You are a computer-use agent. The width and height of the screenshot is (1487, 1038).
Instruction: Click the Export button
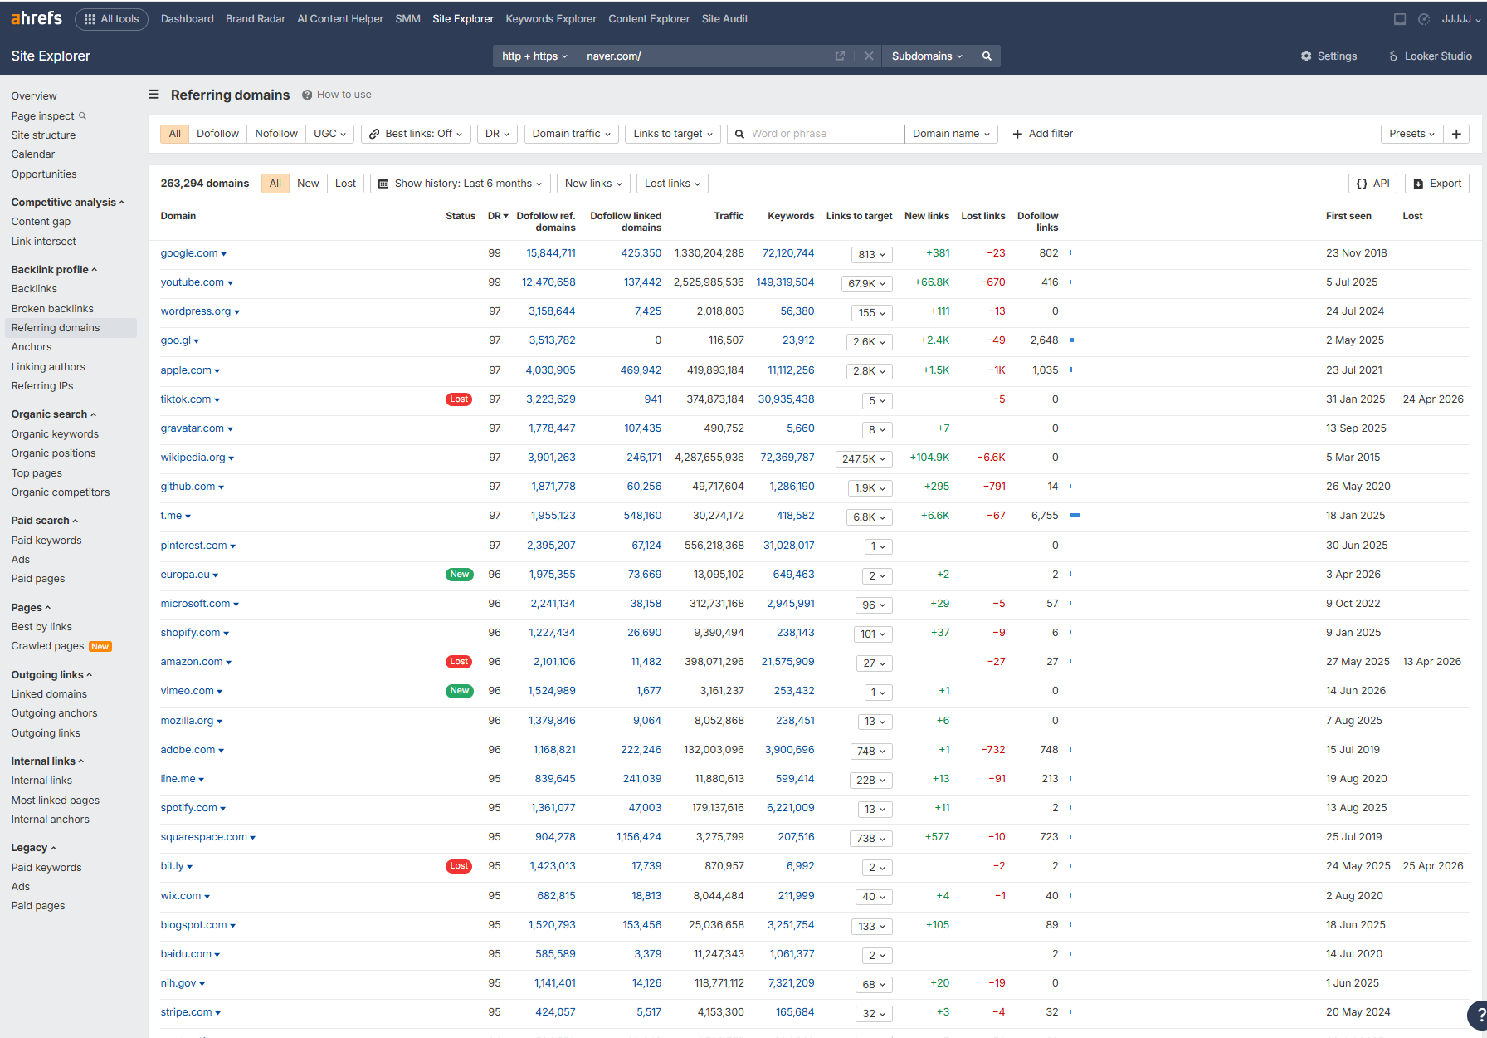tap(1436, 184)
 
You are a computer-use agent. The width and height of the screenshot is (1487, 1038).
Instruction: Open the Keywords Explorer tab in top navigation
tap(551, 19)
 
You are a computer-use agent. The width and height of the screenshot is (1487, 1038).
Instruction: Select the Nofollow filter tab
tap(276, 134)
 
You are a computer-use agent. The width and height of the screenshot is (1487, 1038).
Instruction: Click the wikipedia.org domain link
tap(193, 458)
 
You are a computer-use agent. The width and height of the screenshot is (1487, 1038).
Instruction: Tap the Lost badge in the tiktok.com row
tap(459, 399)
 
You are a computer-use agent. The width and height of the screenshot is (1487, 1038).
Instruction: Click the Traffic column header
tap(729, 216)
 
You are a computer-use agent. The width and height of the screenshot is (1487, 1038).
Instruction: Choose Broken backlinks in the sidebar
tap(52, 308)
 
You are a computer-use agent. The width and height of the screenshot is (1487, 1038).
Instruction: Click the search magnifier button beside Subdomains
tap(987, 56)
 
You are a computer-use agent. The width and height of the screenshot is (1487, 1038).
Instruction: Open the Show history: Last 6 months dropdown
tap(461, 184)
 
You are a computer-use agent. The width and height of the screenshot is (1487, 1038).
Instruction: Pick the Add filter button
tap(1043, 134)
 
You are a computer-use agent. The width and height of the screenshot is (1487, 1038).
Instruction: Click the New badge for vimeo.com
tap(459, 691)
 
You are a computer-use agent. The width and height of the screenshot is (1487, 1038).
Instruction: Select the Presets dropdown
tap(1411, 134)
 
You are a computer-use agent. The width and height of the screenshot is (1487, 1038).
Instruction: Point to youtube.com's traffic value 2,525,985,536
tap(709, 282)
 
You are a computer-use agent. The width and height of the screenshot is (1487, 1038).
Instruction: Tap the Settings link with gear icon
tap(1329, 56)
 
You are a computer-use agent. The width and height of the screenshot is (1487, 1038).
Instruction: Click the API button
tap(1373, 184)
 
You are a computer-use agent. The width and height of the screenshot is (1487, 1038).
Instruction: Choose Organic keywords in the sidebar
tap(55, 433)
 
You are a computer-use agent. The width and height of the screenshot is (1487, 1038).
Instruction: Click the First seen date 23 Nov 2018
tap(1357, 253)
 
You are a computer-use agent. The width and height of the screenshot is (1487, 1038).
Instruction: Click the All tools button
tap(112, 19)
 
